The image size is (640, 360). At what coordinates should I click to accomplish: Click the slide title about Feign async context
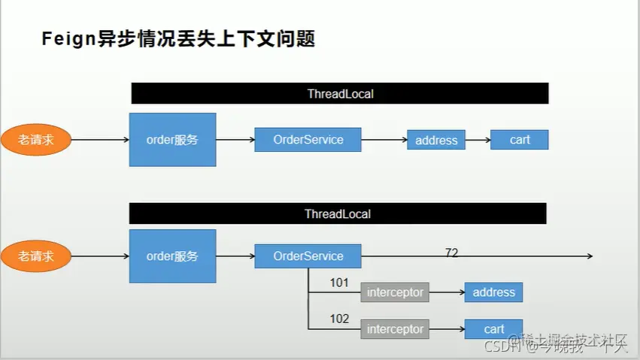tap(177, 39)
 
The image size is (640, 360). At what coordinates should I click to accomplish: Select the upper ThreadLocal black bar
tap(340, 94)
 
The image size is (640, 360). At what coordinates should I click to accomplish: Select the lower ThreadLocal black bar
tap(338, 214)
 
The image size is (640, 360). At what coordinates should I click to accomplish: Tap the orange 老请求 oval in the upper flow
tap(36, 140)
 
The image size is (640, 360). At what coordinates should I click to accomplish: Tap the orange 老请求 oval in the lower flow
tap(36, 256)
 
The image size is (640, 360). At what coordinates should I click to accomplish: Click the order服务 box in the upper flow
tap(172, 139)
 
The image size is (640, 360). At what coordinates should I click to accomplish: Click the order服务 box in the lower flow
tap(172, 256)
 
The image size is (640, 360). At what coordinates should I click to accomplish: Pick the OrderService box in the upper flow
tap(308, 140)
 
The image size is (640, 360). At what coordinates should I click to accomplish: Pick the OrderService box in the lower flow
tap(308, 256)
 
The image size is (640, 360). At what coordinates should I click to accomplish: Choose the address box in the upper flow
tap(436, 140)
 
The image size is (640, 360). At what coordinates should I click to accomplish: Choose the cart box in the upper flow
tap(519, 140)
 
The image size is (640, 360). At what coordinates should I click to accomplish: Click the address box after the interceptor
tap(493, 292)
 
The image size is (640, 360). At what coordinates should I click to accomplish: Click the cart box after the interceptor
tap(493, 329)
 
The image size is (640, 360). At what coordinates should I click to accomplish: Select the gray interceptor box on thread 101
tap(395, 292)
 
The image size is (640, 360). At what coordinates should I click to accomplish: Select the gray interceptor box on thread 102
tap(395, 329)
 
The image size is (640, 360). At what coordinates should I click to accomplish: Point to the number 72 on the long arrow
tap(451, 253)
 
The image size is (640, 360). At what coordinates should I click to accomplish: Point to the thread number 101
tap(339, 283)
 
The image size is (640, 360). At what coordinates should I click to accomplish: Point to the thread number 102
tap(339, 319)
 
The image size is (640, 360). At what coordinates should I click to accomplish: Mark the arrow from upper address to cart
tap(478, 140)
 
